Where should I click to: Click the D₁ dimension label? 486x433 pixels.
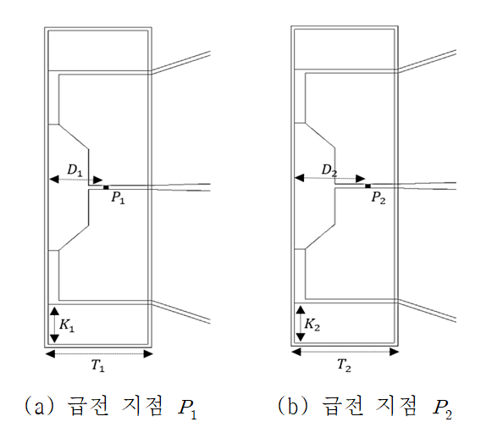(x=75, y=170)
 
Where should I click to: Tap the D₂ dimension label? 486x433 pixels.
(x=329, y=170)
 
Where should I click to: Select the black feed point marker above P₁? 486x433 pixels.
(x=106, y=187)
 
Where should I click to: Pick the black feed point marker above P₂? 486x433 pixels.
(x=368, y=186)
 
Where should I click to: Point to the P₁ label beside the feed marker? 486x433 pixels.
(x=118, y=197)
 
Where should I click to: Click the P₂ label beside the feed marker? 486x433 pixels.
(x=378, y=197)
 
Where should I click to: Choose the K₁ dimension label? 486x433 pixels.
(x=67, y=325)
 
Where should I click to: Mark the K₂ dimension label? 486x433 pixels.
(x=312, y=325)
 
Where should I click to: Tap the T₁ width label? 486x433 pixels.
(x=98, y=366)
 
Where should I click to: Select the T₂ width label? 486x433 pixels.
(x=344, y=365)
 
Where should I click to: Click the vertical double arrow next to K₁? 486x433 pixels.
(x=54, y=325)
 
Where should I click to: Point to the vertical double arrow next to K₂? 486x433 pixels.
(x=301, y=324)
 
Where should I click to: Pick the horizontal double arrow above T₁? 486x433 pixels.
(x=99, y=354)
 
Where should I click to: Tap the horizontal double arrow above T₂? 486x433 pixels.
(x=345, y=352)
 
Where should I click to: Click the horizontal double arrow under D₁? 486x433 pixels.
(x=76, y=180)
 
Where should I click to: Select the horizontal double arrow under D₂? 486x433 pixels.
(x=330, y=178)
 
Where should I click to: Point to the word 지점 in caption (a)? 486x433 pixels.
(x=142, y=407)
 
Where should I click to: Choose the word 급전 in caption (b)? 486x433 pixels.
(x=343, y=407)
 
